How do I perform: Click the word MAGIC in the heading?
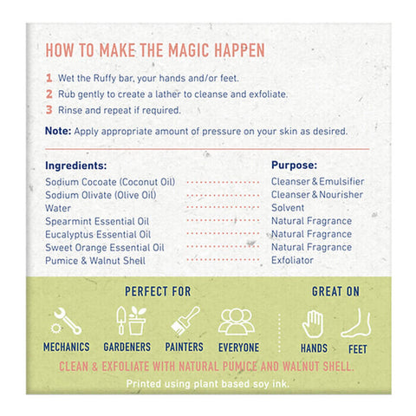tap(188, 50)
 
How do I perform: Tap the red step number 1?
tap(49, 78)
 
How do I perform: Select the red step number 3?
tap(49, 110)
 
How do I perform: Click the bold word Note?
tap(58, 131)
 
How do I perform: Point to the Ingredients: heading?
tap(76, 166)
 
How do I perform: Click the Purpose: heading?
tap(294, 165)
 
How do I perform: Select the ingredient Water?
tap(58, 208)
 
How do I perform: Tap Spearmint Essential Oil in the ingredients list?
tap(97, 221)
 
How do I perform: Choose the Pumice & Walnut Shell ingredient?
tap(95, 261)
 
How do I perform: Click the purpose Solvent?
tap(288, 208)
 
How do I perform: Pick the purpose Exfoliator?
tap(292, 260)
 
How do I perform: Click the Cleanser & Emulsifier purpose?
tap(318, 181)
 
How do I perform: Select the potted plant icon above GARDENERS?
tap(137, 321)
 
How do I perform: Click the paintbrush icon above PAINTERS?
tap(185, 321)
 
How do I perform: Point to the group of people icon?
tap(237, 322)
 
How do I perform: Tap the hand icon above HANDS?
tap(313, 324)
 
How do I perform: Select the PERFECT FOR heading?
tap(158, 291)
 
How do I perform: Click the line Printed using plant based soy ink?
tap(208, 384)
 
